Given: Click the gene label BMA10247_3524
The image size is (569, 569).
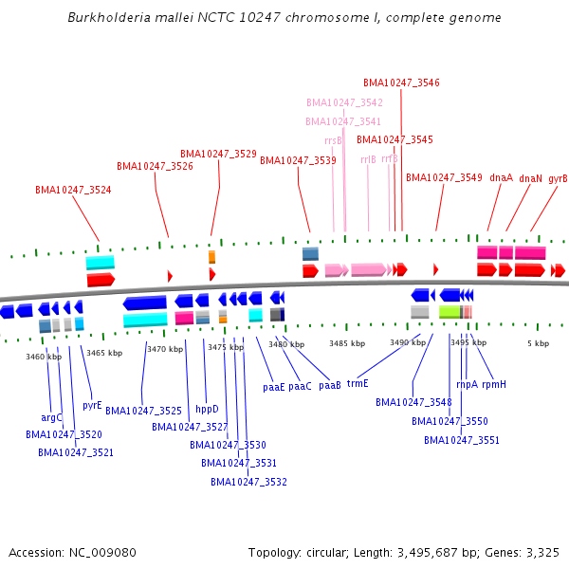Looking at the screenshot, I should [73, 190].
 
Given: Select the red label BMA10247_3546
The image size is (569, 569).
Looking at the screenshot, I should [401, 83].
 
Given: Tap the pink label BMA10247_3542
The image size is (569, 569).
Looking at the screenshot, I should [344, 102].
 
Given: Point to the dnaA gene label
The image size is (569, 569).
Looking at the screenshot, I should [501, 177].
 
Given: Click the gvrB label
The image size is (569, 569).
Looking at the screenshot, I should [558, 177].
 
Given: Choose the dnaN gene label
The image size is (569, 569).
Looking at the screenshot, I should [530, 177].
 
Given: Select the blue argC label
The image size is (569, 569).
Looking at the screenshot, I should [51, 417].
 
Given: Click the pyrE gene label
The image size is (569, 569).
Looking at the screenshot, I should [92, 405].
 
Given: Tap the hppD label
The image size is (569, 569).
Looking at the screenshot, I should [207, 410].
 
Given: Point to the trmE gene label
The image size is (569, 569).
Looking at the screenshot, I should [357, 384].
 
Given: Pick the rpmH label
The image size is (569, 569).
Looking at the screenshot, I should [494, 384].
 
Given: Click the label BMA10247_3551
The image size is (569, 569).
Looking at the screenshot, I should [462, 440].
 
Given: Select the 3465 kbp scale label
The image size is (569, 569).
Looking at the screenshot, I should [104, 353].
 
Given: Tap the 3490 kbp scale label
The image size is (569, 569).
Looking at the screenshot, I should [408, 342].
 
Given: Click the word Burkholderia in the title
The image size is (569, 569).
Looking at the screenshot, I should [106, 18].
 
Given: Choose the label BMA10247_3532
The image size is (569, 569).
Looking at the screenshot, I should [248, 482].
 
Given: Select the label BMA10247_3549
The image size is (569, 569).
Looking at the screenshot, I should [444, 177].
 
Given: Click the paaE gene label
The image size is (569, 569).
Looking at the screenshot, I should [273, 387].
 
